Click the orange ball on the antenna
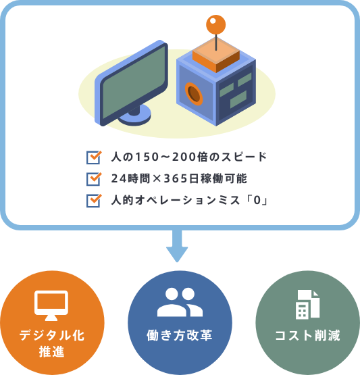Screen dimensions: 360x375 click(x=216, y=24)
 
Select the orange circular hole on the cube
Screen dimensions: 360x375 click(x=194, y=94)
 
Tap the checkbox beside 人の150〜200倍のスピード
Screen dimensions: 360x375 click(x=94, y=157)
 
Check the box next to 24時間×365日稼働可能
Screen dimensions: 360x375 click(x=94, y=179)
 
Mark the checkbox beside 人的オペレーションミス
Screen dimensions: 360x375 click(x=94, y=201)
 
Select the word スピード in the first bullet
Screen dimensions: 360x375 click(x=244, y=157)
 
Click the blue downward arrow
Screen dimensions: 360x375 click(x=177, y=246)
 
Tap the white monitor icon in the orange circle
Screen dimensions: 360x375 click(x=51, y=305)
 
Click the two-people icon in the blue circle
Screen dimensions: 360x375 click(x=180, y=302)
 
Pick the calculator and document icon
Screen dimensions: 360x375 click(x=307, y=305)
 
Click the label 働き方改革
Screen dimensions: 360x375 click(x=180, y=335)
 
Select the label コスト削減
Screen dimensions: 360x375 click(x=307, y=335)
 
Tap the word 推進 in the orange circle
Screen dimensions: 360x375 click(x=51, y=351)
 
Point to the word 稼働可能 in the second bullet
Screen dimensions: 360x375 click(x=224, y=178)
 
